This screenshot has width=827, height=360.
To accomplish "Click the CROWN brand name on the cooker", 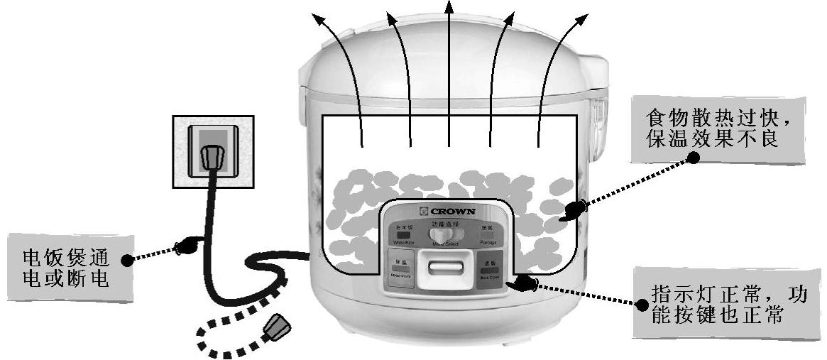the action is pyautogui.click(x=453, y=211).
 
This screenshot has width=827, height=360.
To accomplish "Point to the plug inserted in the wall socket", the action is pyautogui.click(x=211, y=157).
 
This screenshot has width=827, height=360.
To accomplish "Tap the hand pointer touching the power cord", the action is pyautogui.click(x=185, y=246).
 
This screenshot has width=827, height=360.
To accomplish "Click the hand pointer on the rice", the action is pyautogui.click(x=575, y=210).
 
